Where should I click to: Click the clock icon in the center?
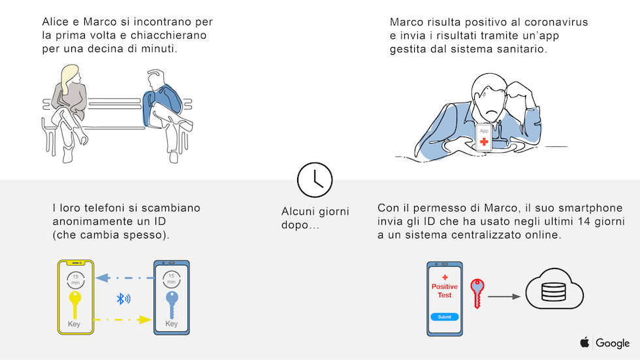tap(315, 180)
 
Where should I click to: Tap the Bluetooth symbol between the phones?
tap(123, 299)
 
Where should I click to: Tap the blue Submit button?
tap(445, 317)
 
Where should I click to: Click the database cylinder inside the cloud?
tap(554, 291)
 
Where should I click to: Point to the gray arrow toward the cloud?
tap(504, 297)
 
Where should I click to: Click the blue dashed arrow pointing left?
tap(125, 278)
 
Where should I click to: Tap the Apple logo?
tap(584, 342)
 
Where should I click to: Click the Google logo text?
tap(613, 343)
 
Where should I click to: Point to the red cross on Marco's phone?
tap(484, 142)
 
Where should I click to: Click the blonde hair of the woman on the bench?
tap(68, 78)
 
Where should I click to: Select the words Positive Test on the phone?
tap(445, 291)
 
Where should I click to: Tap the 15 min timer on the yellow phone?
tap(76, 280)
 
